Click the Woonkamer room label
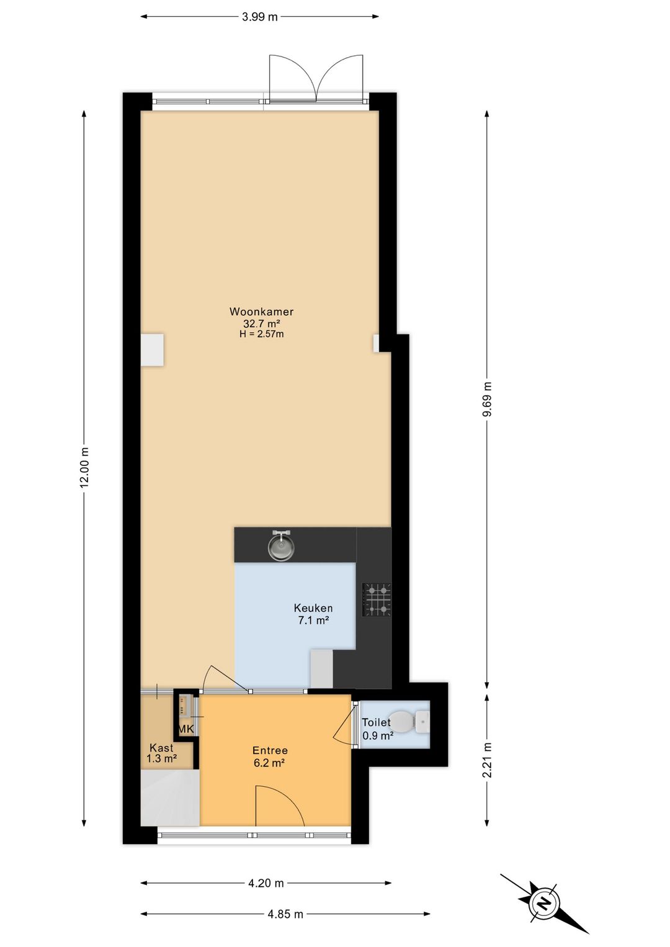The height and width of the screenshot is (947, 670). coord(261,312)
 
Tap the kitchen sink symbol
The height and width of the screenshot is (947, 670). coord(281,545)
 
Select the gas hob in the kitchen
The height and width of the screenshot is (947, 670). coord(377,599)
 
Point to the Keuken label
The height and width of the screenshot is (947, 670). coord(313,608)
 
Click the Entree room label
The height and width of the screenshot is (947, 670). coord(270,750)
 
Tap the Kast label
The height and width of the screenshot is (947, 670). coord(161,748)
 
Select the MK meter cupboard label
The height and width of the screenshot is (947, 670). coord(186,729)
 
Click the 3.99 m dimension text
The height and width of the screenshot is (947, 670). coord(259,17)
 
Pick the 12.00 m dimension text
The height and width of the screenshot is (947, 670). coord(85,468)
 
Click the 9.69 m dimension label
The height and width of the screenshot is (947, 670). coord(487,400)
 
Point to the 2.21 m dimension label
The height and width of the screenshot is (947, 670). coord(487,760)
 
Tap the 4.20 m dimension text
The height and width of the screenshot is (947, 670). coord(266,883)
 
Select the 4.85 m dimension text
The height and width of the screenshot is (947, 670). coord(285,914)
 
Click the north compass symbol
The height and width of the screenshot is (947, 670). coord(544,903)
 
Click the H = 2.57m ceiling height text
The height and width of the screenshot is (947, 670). coord(261,334)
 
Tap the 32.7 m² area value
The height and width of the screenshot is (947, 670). coord(261,323)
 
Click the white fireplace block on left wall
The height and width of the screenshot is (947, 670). coord(152,350)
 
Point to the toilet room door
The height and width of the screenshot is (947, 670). coord(343,726)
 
